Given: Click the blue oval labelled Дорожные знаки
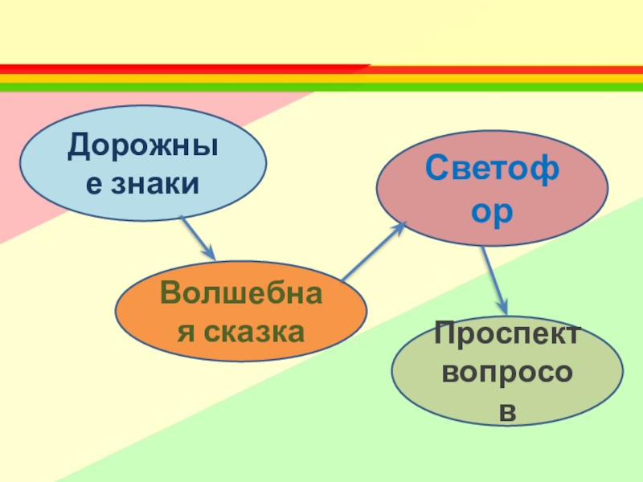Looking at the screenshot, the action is (142, 163).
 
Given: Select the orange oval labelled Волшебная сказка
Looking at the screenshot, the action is (240, 312).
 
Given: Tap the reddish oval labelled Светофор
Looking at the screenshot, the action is (492, 187).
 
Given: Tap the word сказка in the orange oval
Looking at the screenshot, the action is (252, 330).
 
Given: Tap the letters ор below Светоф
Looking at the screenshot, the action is (492, 210).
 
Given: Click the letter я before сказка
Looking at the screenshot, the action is (186, 330).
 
